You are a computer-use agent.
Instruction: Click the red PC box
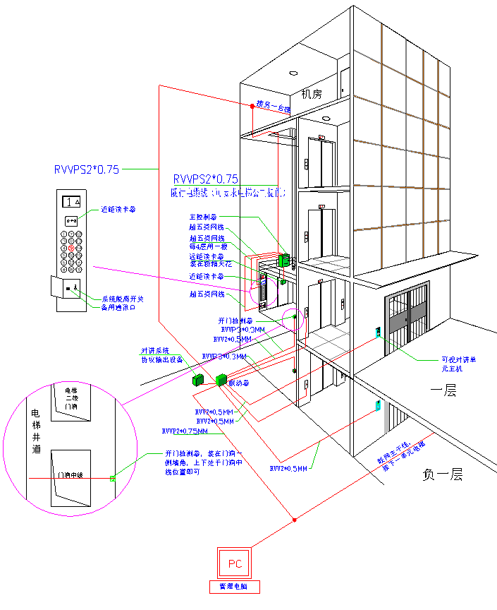pyautogui.click(x=234, y=563)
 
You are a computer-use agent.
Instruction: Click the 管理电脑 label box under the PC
pyautogui.click(x=235, y=587)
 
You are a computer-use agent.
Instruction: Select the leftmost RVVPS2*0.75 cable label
pyautogui.click(x=87, y=169)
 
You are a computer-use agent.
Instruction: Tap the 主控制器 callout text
pyautogui.click(x=203, y=217)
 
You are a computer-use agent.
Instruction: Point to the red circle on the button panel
pyautogui.click(x=71, y=249)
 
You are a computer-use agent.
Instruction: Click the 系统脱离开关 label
pyautogui.click(x=118, y=299)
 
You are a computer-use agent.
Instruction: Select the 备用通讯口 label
pyautogui.click(x=117, y=308)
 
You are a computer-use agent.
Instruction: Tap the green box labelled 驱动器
pyautogui.click(x=221, y=380)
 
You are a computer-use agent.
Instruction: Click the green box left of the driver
pyautogui.click(x=197, y=380)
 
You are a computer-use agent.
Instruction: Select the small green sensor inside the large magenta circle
pyautogui.click(x=112, y=479)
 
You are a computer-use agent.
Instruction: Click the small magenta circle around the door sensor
pyautogui.click(x=292, y=320)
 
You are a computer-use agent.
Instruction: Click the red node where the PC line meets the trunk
pyautogui.click(x=294, y=520)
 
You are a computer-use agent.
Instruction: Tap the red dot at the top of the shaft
pyautogui.click(x=252, y=106)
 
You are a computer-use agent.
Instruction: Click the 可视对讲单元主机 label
pyautogui.click(x=459, y=364)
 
